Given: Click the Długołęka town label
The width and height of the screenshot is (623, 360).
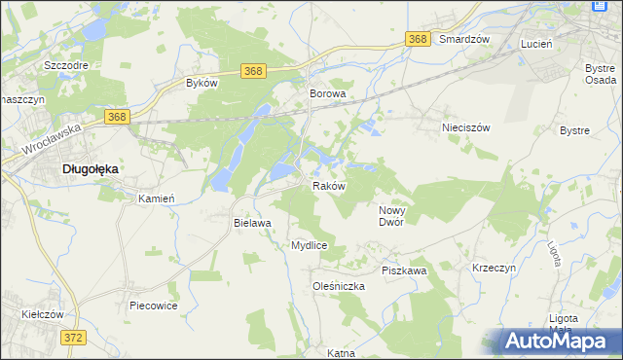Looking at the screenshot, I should coord(90,168).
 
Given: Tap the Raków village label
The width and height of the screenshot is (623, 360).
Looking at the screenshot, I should coord(328,186).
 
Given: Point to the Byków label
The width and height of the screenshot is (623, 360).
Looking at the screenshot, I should coord(202,84).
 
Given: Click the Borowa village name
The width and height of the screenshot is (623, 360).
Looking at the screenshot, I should coord(328,94).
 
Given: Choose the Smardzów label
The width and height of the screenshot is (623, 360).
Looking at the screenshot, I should coord(463,39).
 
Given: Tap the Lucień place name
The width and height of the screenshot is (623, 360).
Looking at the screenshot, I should coord(536,45).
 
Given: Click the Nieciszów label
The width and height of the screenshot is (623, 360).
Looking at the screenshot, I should coord(464,127).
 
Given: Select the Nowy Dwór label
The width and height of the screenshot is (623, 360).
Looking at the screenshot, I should coord(397,215).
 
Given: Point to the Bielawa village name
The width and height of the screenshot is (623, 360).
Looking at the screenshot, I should coord(251,223).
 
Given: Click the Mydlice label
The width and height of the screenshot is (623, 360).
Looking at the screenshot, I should coord(309,246).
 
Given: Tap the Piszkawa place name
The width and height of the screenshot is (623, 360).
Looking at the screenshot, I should coord(404,270).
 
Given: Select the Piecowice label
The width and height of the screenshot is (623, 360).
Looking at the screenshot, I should coord(153,305).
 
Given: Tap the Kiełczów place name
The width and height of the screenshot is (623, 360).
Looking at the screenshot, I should coord(42,314).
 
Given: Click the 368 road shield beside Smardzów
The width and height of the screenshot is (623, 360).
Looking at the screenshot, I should coord(418,38).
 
